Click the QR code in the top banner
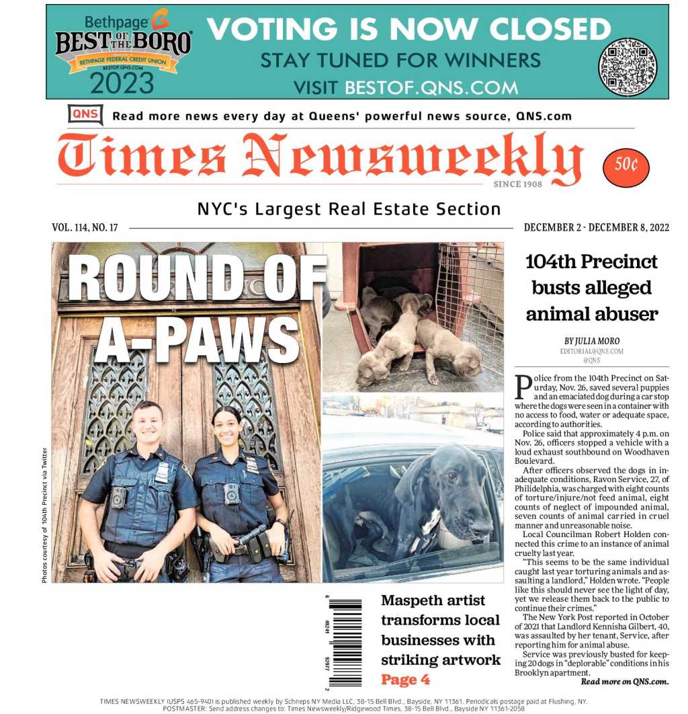coord(627,67)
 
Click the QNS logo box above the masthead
coord(85,115)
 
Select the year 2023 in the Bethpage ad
coord(122,83)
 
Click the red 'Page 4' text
coord(405,679)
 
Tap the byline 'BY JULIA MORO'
coord(591,342)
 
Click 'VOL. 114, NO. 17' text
coord(85,227)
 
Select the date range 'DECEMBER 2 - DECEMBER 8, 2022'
coord(596,227)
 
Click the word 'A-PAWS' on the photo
coord(196,339)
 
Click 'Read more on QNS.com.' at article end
coord(624,682)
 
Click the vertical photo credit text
coord(44,514)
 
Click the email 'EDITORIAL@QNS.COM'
coord(591,351)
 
